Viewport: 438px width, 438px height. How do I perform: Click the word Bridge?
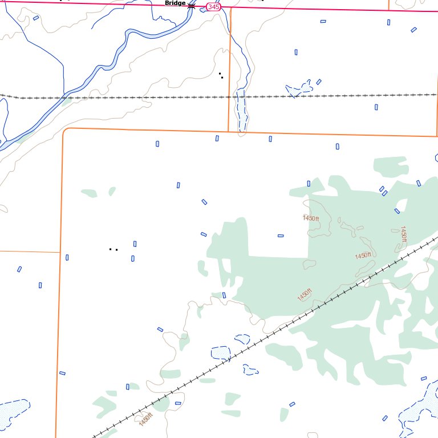pos(175,3)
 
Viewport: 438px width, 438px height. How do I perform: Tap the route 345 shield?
pos(213,7)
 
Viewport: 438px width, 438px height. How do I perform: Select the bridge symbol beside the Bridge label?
pos(192,6)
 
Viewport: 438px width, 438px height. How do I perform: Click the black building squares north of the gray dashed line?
pos(221,75)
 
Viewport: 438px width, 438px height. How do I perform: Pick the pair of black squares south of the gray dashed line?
pos(113,249)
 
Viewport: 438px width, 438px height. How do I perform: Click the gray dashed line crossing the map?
pos(143,98)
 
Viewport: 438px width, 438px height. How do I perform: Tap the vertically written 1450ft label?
pos(403,234)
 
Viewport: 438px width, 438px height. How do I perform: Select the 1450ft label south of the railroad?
pos(146,419)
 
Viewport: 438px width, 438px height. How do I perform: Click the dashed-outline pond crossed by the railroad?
pos(221,353)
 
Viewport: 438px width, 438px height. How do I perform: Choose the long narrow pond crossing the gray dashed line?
pos(242,111)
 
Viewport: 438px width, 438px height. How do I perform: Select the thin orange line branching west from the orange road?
pos(29,251)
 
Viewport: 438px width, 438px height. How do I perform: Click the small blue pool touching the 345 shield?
pos(203,9)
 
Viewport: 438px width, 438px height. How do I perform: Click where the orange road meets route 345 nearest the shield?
pos(232,8)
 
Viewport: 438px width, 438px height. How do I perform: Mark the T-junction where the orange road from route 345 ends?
pos(229,131)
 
